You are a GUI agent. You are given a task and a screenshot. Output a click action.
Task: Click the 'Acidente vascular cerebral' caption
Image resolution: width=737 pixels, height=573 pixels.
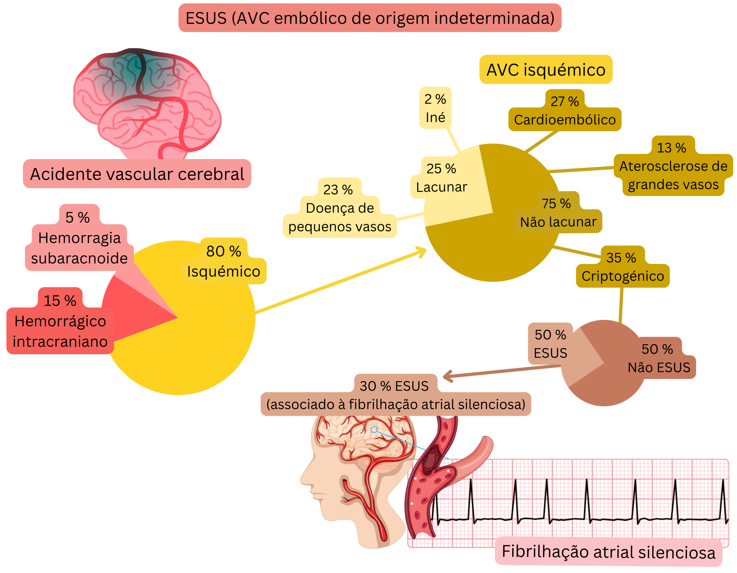tap(137, 174)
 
